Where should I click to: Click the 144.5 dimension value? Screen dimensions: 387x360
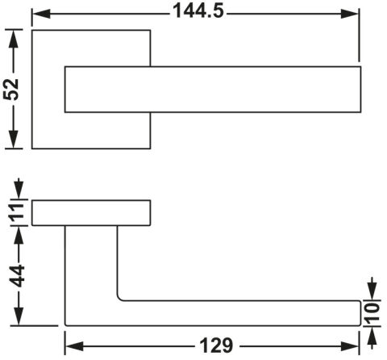(198, 11)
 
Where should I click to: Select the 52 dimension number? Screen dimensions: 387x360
(11, 90)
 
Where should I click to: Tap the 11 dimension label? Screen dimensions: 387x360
(18, 213)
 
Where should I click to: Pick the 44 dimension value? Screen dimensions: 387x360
(17, 276)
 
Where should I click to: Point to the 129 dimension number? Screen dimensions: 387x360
(217, 345)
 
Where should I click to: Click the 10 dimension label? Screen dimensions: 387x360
(372, 313)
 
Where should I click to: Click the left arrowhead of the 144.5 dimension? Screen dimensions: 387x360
(41, 14)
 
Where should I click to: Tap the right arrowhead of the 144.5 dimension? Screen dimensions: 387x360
(350, 14)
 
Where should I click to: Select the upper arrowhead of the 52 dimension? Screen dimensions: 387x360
(14, 39)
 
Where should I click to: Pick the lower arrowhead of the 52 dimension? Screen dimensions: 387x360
(14, 139)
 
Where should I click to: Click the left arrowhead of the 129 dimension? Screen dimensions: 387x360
(74, 346)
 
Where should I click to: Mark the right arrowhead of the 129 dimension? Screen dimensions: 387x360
(350, 346)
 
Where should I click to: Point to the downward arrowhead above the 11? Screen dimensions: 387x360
(19, 189)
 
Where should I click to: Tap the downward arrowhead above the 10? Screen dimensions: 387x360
(372, 288)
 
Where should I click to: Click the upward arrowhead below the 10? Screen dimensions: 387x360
(372, 338)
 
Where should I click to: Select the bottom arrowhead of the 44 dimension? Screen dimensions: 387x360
(19, 316)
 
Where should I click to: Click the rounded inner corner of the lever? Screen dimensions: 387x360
(119, 299)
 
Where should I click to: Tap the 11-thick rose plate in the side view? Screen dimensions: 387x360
(91, 213)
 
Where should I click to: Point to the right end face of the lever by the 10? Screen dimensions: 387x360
(360, 313)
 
